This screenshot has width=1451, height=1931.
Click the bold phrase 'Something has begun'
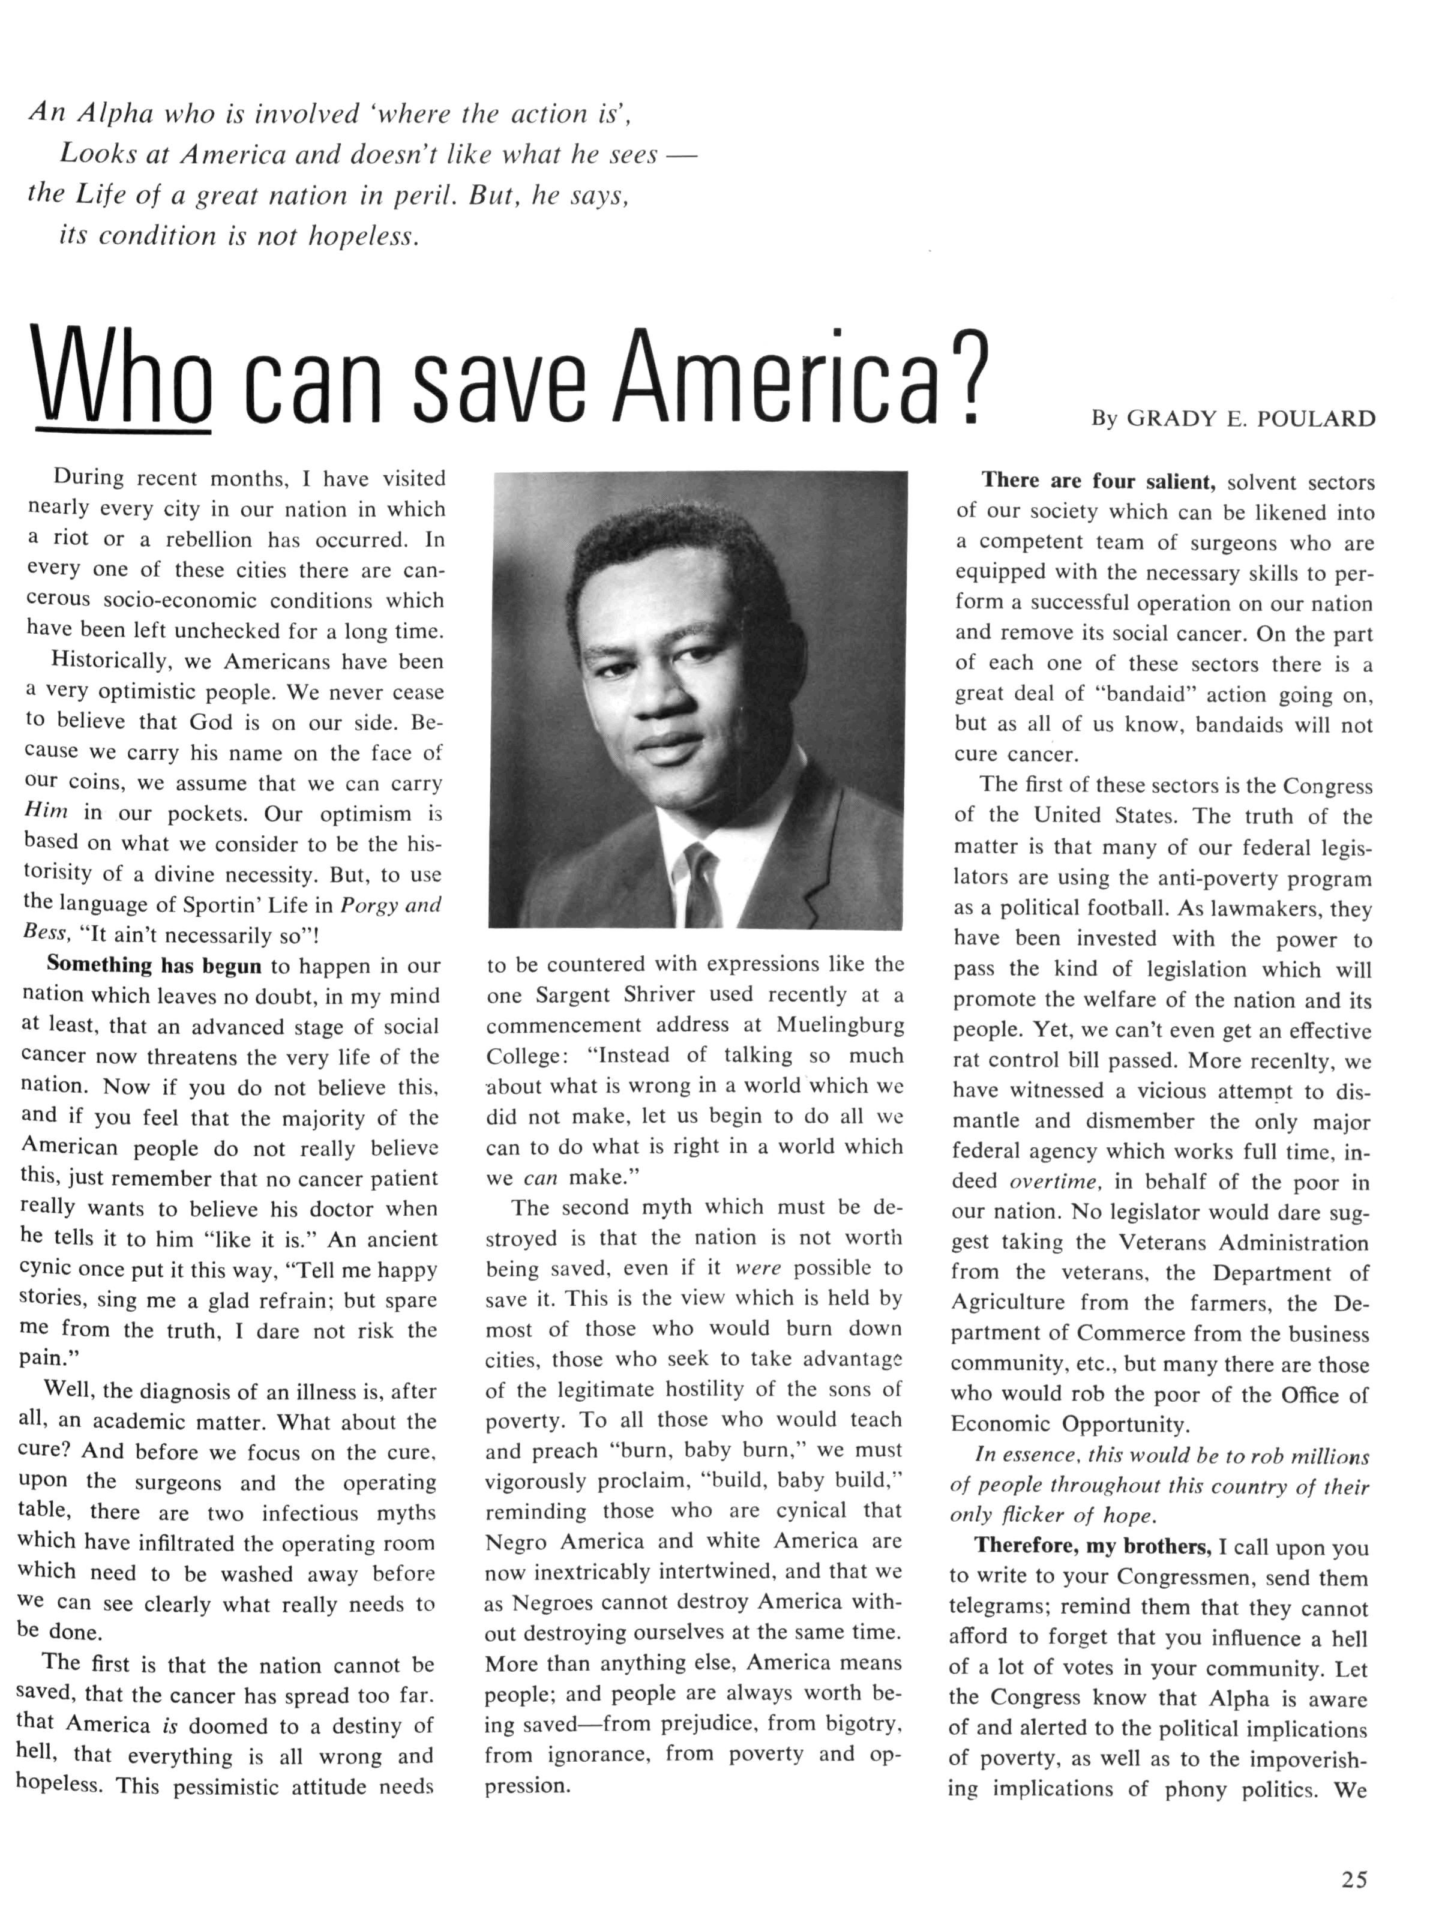[x=154, y=965]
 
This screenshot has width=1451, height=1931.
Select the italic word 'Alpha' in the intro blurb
[x=115, y=113]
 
